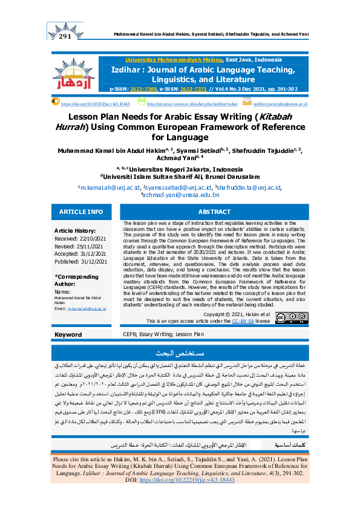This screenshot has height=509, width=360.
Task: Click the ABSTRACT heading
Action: (x=215, y=212)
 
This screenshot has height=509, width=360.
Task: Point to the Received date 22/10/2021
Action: (x=77, y=239)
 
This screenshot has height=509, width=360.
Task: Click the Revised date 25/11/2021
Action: (x=75, y=247)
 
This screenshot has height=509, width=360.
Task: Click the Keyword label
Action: (x=68, y=334)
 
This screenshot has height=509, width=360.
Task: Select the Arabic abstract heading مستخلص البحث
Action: (x=180, y=352)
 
